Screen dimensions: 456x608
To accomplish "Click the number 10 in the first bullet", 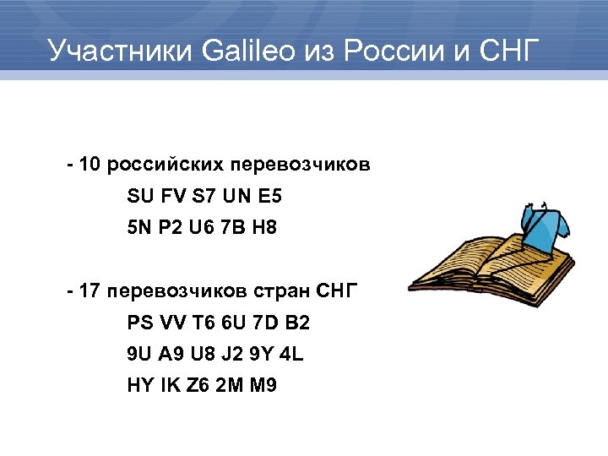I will [x=91, y=163].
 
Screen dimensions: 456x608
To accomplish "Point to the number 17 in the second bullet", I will [x=91, y=291].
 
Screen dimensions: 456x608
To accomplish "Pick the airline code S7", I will [x=204, y=197].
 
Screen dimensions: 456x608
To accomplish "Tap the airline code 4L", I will [x=291, y=355].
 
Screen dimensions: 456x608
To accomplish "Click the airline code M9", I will [x=263, y=385].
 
